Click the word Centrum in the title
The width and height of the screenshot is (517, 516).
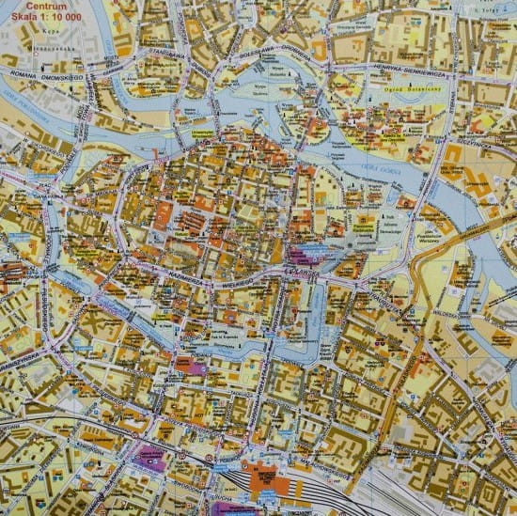[x=46, y=6]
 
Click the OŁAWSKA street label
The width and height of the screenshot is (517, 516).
[x=302, y=268]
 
